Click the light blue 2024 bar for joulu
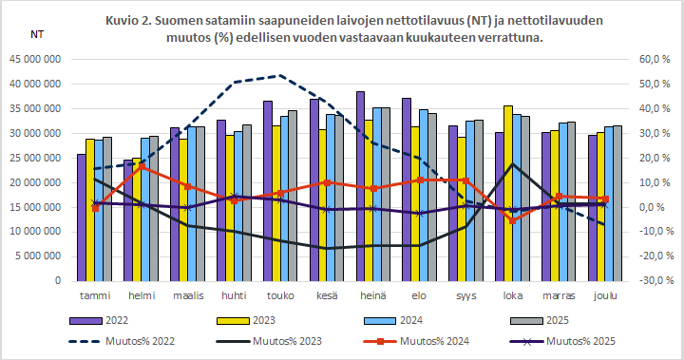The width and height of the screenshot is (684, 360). point(609,203)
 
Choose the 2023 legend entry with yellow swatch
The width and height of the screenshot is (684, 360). point(263,321)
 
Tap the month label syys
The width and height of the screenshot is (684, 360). point(467,295)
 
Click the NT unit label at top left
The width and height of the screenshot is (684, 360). point(37,35)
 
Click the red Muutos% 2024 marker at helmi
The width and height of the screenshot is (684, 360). point(142,166)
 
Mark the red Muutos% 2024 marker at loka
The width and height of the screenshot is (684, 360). point(514,220)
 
